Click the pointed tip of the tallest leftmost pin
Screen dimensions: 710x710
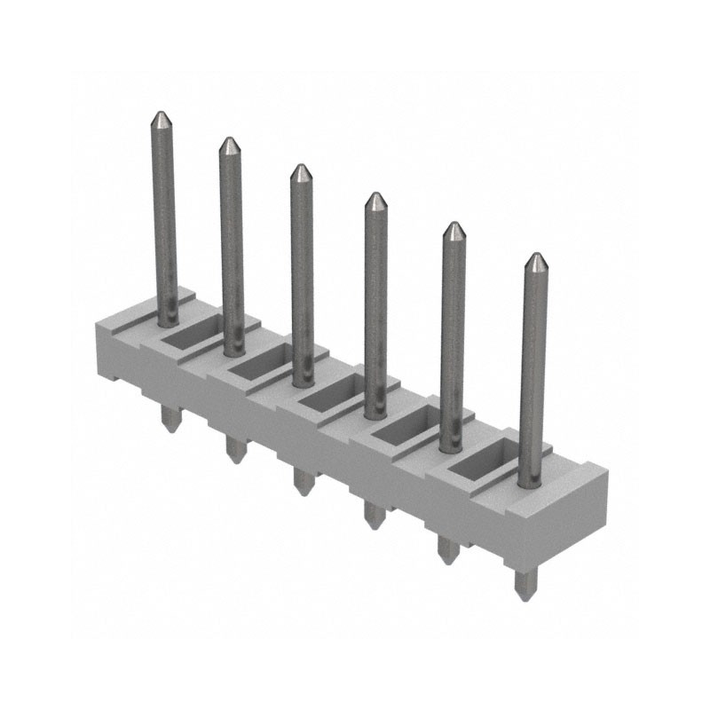[161, 115]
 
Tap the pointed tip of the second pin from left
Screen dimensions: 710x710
[230, 141]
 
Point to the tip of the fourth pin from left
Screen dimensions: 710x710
[375, 196]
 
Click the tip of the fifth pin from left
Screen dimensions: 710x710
[454, 226]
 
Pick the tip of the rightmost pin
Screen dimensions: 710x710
[535, 257]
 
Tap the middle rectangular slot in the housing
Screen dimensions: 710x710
[328, 396]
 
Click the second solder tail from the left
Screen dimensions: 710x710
[234, 449]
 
